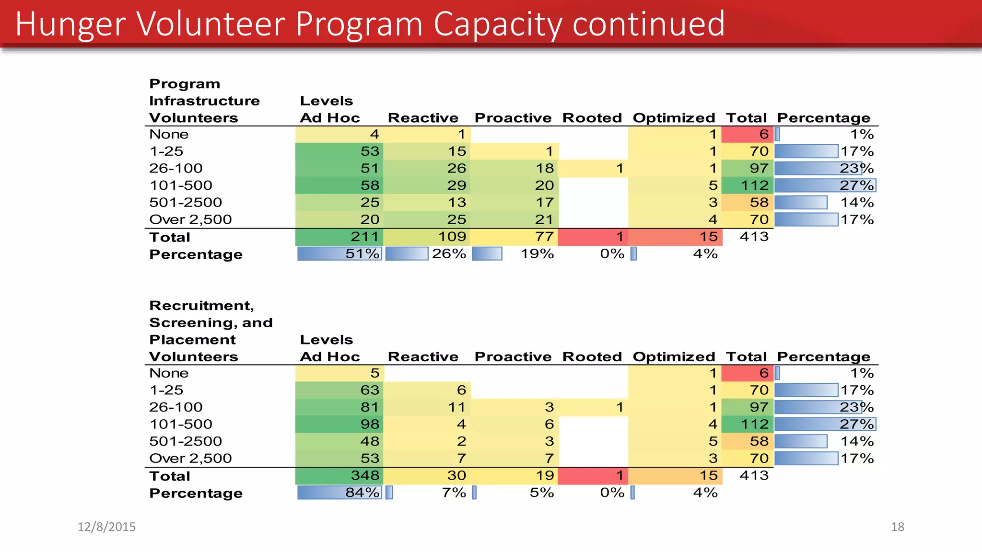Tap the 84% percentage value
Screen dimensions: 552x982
pos(362,493)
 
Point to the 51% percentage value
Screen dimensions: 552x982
pos(362,253)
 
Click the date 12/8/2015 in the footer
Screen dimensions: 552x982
pos(106,527)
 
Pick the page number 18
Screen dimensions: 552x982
pos(897,527)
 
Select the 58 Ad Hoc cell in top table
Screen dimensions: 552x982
pos(370,185)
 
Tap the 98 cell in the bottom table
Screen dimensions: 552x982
pos(370,424)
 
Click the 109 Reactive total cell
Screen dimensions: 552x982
pos(452,237)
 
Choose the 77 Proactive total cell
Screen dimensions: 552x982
pos(544,237)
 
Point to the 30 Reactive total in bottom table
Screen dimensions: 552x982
pos(456,475)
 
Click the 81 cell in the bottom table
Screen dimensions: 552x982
pos(370,407)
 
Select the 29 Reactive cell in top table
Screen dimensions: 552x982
pos(456,185)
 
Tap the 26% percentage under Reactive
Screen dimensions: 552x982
pos(449,253)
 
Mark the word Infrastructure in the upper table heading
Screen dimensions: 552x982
pos(204,101)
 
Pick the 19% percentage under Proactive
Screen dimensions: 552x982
pos(537,253)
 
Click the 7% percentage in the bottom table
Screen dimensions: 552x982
pos(454,493)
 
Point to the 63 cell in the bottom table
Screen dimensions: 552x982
pos(370,390)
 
